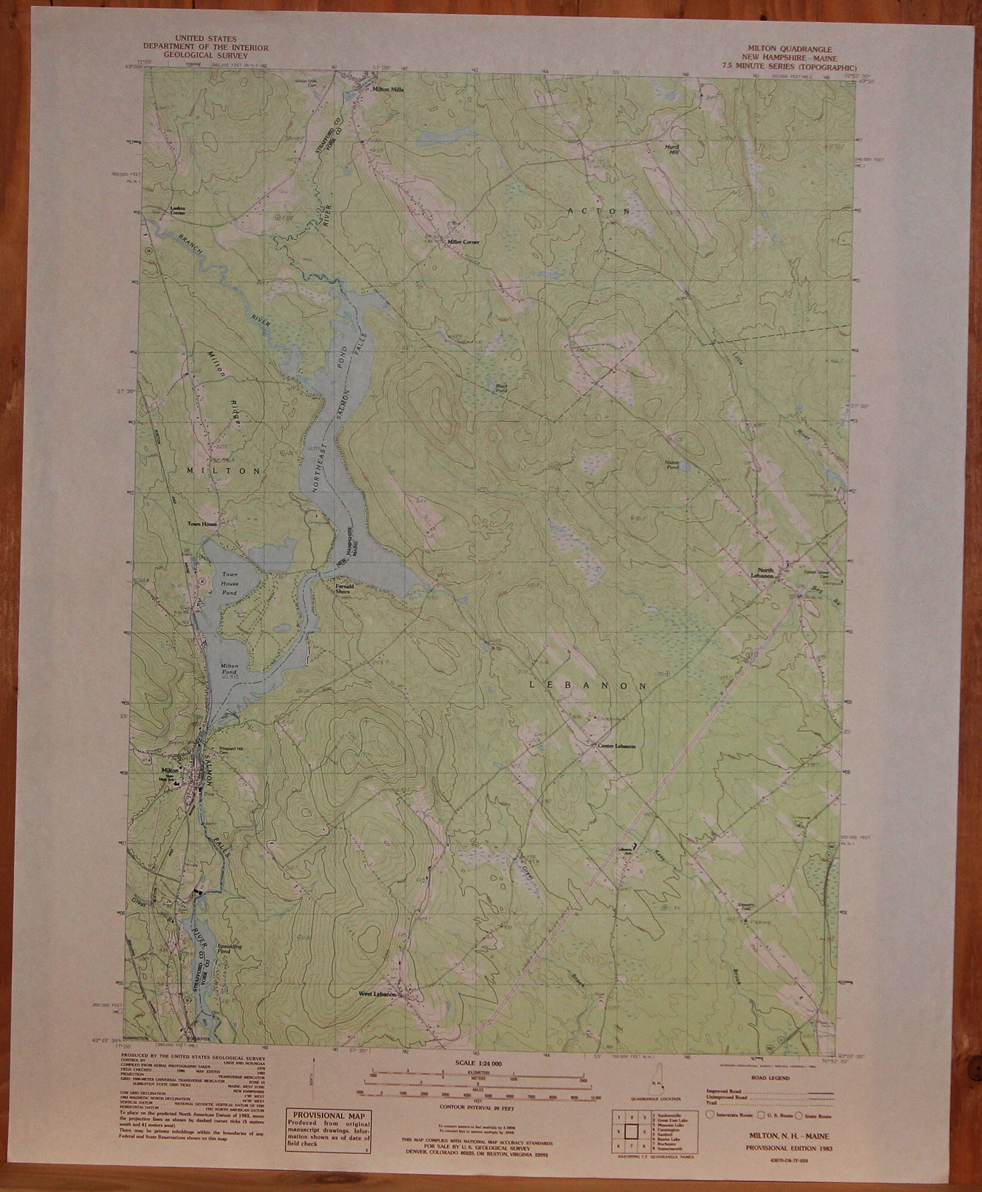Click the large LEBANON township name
pos(588,686)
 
